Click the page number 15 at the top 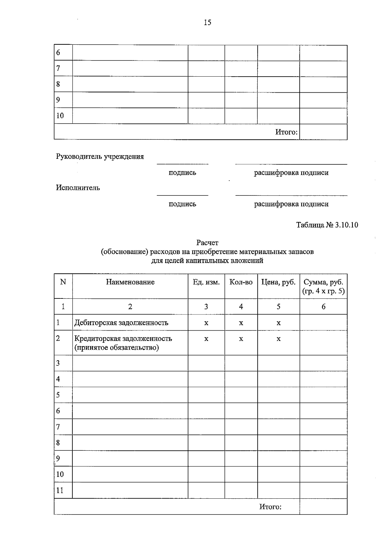tap(207, 23)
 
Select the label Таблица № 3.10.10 tap(327, 225)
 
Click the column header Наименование tap(130, 282)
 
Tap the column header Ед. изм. tap(206, 282)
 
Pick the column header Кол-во tap(241, 282)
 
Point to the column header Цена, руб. tap(278, 282)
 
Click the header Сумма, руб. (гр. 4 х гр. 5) tap(323, 287)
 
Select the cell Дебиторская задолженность tap(121, 323)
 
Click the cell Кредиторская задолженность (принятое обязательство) tap(123, 343)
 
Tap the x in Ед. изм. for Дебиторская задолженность tap(206, 323)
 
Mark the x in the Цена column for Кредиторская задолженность tap(279, 339)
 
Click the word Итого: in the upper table tap(286, 132)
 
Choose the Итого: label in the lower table tap(270, 507)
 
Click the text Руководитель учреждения tap(100, 157)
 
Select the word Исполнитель tap(78, 188)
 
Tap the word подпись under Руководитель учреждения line tap(182, 173)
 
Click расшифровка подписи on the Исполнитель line tap(291, 204)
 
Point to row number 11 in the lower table tap(60, 490)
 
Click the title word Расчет tap(207, 242)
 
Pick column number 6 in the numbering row tap(323, 306)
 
